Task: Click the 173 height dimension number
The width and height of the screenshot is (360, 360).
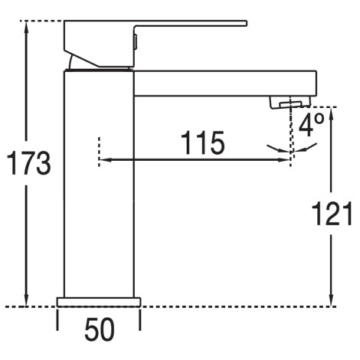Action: (28, 162)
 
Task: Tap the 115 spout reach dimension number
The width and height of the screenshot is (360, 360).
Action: (202, 142)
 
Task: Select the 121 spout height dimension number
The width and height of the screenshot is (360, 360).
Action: (332, 214)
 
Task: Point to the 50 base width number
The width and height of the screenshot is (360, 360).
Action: (100, 329)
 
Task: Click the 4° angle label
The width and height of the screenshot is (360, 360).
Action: (312, 125)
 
